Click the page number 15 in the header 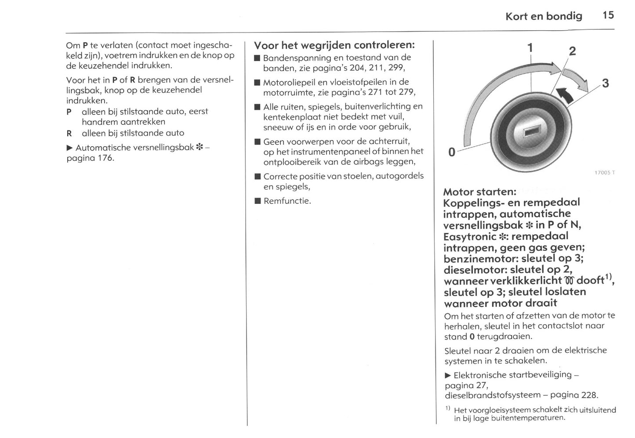(608, 15)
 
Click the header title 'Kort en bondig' (544, 16)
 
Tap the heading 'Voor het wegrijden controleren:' (334, 45)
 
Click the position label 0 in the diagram (451, 152)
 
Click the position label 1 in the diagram (530, 47)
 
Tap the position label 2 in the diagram (572, 51)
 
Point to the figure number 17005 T (604, 173)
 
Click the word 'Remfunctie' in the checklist (287, 201)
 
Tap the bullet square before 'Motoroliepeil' (257, 83)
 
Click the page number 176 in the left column (105, 158)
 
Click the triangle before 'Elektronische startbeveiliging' (448, 375)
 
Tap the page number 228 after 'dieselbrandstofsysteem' (589, 395)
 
